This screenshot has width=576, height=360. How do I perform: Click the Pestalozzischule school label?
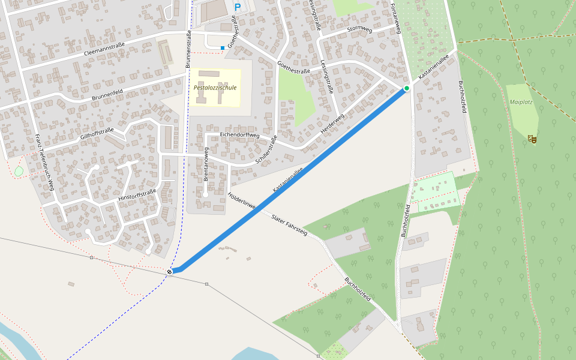point(215,88)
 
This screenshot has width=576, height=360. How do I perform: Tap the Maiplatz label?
point(521,102)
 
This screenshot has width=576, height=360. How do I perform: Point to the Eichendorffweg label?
point(239,136)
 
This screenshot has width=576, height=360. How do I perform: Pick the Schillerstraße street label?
point(266,150)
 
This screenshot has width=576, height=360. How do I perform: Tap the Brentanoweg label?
point(206,164)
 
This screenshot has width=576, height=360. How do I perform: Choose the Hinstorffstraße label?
point(137,195)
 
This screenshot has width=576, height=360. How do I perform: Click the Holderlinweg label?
point(242,201)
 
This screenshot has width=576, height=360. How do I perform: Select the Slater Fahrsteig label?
point(289,225)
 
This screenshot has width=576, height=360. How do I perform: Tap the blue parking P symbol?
point(237,7)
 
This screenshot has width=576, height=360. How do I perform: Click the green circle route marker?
point(406,89)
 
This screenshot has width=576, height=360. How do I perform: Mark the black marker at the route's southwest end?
point(170,272)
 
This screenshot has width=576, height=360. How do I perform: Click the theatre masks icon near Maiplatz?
point(532,139)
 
